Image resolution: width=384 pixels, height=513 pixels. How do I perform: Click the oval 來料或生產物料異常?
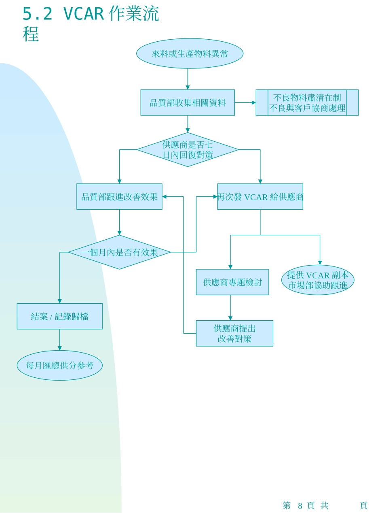coord(190,53)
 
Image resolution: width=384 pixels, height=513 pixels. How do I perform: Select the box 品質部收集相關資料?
coord(188,103)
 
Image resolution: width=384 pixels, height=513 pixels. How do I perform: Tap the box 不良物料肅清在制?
coord(307,103)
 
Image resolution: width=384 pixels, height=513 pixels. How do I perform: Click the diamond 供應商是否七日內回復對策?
coord(188,150)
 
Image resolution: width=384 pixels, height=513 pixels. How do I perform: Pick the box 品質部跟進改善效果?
coord(119,197)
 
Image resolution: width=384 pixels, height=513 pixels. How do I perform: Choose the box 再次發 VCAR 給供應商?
coord(260,197)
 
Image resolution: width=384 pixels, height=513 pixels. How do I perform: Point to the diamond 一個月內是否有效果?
coord(119,252)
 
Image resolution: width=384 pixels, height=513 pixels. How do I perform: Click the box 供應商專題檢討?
coord(232,282)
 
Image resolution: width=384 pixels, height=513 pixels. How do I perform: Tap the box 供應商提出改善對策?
coord(234,334)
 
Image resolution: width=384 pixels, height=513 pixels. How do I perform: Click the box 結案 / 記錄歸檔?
coord(59,316)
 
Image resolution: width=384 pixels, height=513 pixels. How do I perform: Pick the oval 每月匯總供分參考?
coord(59,365)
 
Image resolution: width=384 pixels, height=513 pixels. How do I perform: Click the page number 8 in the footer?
coord(300,506)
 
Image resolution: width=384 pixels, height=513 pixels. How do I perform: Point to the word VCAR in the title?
coord(84,14)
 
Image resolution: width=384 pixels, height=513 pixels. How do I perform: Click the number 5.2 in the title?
coord(37,14)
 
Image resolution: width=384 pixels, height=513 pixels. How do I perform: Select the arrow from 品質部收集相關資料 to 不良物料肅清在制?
coord(245,103)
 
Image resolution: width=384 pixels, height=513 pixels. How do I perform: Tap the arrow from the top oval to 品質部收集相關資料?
coord(188,79)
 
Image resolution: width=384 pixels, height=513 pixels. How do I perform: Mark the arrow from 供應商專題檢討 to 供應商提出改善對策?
coord(230,308)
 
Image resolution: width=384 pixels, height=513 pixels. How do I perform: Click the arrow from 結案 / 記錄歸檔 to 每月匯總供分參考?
coord(59,340)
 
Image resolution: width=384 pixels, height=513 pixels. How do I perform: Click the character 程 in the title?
coord(31,34)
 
